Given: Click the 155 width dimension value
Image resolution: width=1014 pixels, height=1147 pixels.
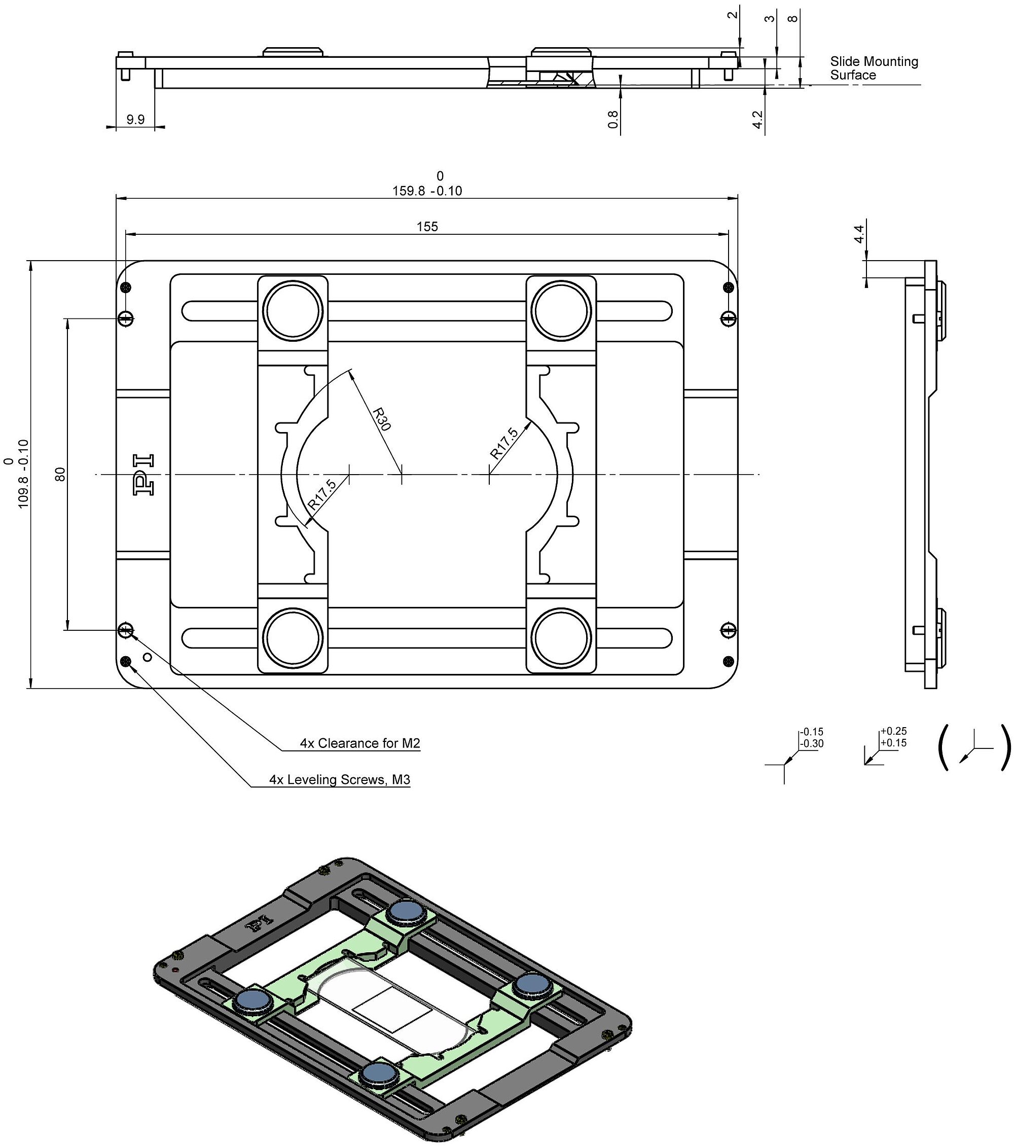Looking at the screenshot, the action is [x=427, y=227].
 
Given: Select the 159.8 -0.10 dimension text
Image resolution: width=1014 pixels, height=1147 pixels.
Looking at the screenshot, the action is [x=427, y=191].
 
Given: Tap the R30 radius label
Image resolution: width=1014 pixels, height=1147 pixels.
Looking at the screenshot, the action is [x=382, y=419].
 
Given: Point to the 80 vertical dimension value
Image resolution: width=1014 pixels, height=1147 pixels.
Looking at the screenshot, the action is [x=61, y=474].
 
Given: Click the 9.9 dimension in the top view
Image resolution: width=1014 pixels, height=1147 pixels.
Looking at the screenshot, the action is [x=135, y=119].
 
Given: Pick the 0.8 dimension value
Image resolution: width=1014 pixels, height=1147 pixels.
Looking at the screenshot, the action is [x=613, y=119].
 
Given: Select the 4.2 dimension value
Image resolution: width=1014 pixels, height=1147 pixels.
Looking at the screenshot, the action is [x=757, y=120].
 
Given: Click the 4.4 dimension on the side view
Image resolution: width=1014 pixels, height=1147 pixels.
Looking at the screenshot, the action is [x=858, y=233].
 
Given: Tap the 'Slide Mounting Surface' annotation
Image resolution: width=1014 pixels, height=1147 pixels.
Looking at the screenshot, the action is [x=874, y=68].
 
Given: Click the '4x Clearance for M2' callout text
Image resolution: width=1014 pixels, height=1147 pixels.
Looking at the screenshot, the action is [x=359, y=743].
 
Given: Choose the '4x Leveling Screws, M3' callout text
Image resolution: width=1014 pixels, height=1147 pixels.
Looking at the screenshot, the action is [x=340, y=779].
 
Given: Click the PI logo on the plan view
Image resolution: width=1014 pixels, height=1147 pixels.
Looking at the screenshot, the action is [x=143, y=475].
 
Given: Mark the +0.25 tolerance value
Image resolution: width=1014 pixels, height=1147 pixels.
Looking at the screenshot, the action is [x=893, y=731].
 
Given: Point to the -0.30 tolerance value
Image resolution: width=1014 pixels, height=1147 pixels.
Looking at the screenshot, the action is [x=811, y=743].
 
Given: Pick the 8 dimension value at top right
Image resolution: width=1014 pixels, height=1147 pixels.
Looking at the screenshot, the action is [x=792, y=19].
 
